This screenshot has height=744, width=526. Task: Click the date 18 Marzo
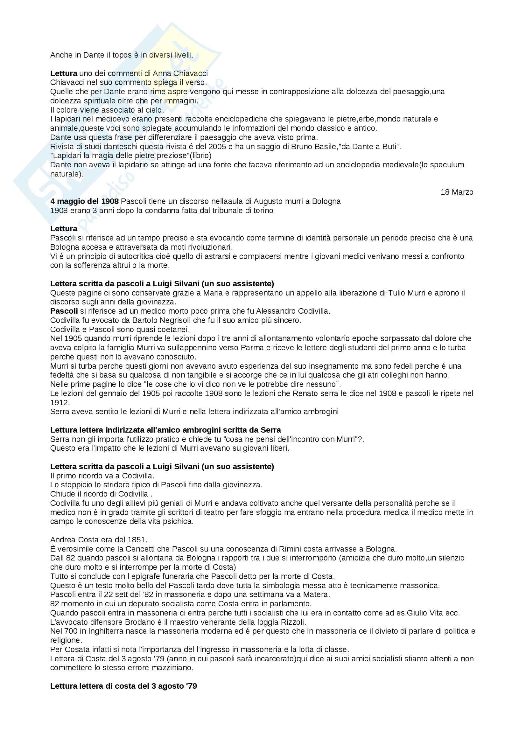(x=457, y=192)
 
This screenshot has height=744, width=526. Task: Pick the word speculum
(x=445, y=165)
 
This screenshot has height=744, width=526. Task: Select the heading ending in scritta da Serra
(x=165, y=430)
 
